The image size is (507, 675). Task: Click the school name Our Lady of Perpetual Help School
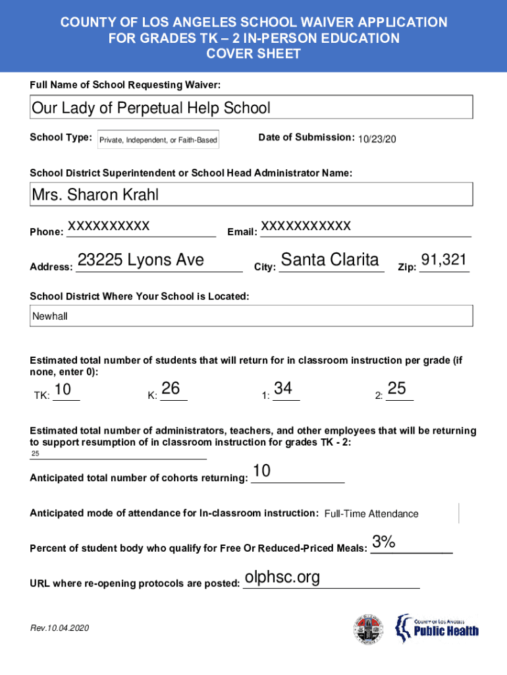click(151, 107)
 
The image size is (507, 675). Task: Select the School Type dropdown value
click(158, 140)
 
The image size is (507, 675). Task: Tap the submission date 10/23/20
click(377, 139)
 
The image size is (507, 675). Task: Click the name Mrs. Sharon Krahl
click(95, 195)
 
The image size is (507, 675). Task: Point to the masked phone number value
click(109, 226)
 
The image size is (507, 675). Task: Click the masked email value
click(306, 226)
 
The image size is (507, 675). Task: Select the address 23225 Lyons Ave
click(140, 260)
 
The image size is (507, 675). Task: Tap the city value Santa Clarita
click(330, 260)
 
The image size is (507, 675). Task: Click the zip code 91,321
click(444, 260)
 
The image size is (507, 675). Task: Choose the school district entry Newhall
click(50, 316)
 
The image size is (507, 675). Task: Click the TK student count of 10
click(63, 390)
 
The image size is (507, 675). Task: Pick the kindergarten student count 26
click(171, 389)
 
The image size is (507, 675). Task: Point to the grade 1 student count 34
click(283, 389)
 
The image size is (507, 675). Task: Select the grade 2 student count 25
click(396, 389)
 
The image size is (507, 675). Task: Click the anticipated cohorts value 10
click(261, 471)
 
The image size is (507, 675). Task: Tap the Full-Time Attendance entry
click(371, 514)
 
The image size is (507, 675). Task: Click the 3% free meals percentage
click(383, 542)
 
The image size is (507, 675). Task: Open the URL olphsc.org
click(282, 577)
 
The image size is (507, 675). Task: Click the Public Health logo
click(437, 629)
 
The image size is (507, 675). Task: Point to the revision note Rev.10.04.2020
click(59, 628)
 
